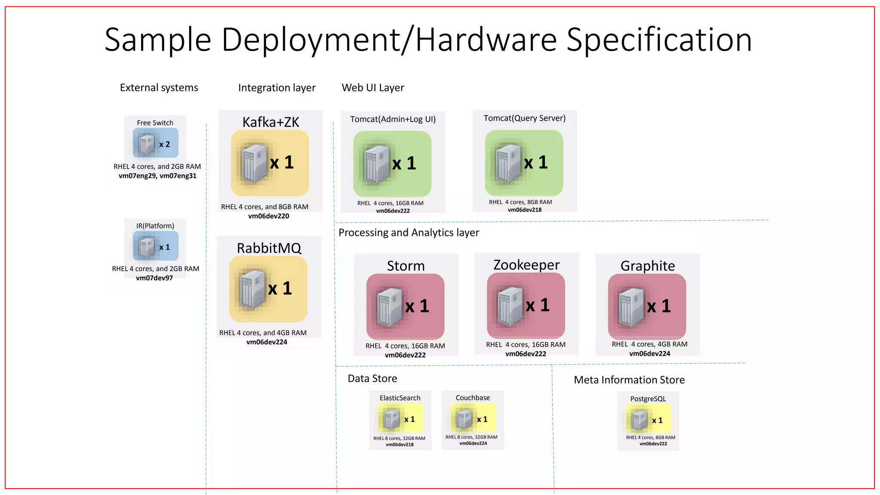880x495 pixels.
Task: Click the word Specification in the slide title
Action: [x=659, y=40]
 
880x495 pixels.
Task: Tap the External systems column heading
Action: [x=159, y=88]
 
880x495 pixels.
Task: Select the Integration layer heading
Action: [x=277, y=88]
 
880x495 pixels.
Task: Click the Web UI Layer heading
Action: [x=373, y=88]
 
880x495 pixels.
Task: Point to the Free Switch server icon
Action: [x=146, y=144]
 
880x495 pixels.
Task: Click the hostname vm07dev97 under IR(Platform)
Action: [x=154, y=278]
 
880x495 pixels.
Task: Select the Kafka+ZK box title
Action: [x=271, y=122]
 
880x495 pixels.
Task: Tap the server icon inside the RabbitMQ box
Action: [x=253, y=289]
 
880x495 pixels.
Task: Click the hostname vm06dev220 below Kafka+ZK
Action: [x=269, y=216]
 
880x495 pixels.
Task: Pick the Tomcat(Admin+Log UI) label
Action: [x=393, y=119]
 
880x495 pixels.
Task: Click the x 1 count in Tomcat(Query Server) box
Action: [x=536, y=162]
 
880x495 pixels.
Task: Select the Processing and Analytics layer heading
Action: [x=409, y=232]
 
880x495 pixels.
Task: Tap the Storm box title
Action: [x=406, y=266]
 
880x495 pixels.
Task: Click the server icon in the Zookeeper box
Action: [x=510, y=306]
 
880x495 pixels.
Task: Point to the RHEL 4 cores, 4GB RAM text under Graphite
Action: [x=649, y=344]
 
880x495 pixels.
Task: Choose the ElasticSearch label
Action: [x=400, y=398]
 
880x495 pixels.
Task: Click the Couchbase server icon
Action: [x=464, y=419]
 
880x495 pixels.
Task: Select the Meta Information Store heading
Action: [x=629, y=380]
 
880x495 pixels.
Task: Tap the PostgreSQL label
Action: [x=648, y=399]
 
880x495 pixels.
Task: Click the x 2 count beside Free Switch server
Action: [x=165, y=144]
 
